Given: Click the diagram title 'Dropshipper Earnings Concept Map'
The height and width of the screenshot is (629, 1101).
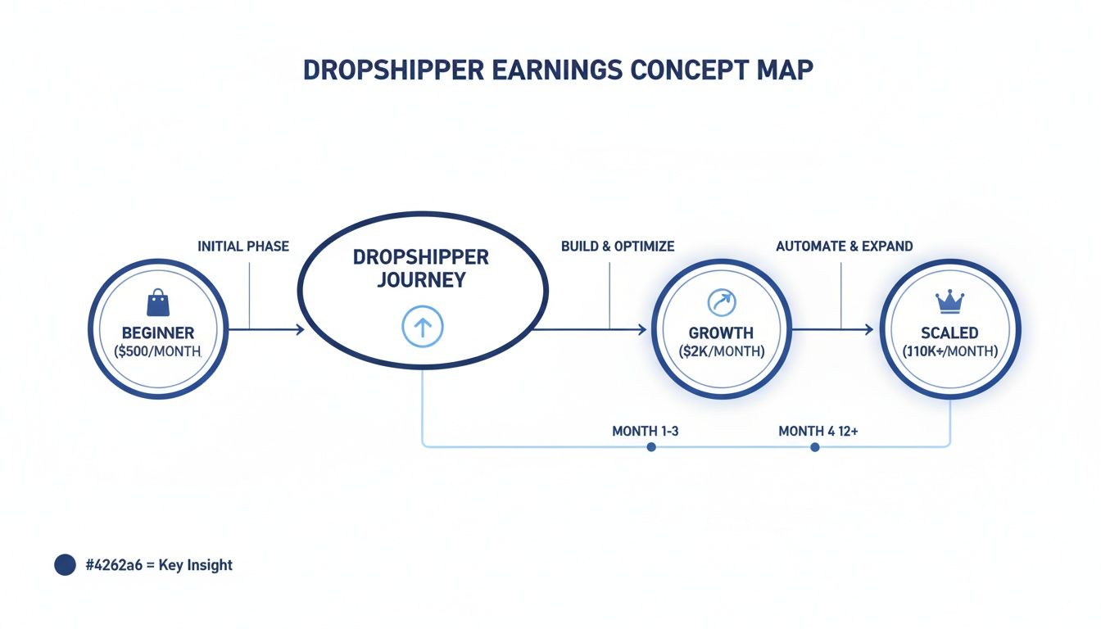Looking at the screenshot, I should [x=558, y=70].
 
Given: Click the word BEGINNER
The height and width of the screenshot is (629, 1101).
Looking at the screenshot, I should [x=158, y=333].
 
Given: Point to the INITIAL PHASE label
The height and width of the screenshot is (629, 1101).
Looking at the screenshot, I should [x=243, y=246].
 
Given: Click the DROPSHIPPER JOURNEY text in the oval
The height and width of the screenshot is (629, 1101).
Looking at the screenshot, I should [x=421, y=269].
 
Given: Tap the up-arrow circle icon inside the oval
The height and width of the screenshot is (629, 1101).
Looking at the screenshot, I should [x=422, y=328].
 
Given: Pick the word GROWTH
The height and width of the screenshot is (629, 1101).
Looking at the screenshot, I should [x=721, y=333].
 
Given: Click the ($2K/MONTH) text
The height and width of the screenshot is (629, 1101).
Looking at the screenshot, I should [x=721, y=351].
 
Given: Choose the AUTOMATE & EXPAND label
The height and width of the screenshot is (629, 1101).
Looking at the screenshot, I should [x=845, y=246].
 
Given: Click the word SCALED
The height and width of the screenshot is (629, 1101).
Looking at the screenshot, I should [x=950, y=333].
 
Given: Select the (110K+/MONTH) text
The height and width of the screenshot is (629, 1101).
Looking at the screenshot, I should [x=950, y=351].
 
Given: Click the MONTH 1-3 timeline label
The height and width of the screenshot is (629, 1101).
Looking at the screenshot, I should [x=646, y=431].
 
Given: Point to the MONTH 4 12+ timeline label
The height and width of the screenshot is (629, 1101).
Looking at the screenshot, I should [x=818, y=431].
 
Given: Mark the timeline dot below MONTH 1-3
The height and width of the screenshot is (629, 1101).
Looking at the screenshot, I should [x=651, y=447].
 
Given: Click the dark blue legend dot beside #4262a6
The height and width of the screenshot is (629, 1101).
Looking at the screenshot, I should [x=65, y=564].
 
